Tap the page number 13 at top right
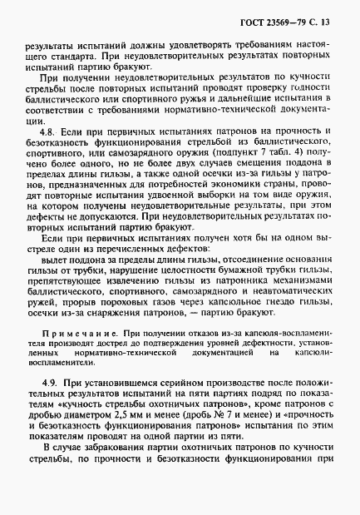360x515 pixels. coord(333,11)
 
